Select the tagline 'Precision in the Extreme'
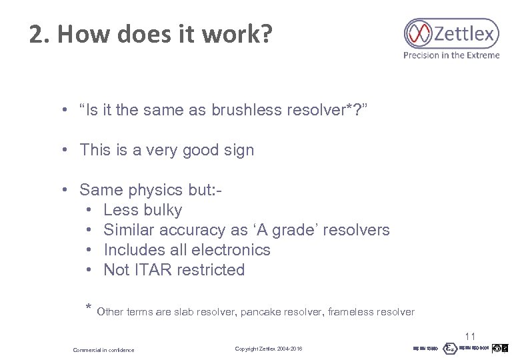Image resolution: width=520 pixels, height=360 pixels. (x=451, y=55)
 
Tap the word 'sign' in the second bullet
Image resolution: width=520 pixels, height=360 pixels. (x=239, y=150)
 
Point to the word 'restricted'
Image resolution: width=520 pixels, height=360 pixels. (x=212, y=270)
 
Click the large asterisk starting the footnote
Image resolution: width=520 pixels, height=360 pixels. (x=88, y=308)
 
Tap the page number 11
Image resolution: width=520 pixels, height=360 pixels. (x=470, y=337)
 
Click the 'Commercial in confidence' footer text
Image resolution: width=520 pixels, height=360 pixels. (x=103, y=350)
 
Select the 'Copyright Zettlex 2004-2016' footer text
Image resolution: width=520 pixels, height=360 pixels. (x=269, y=349)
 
